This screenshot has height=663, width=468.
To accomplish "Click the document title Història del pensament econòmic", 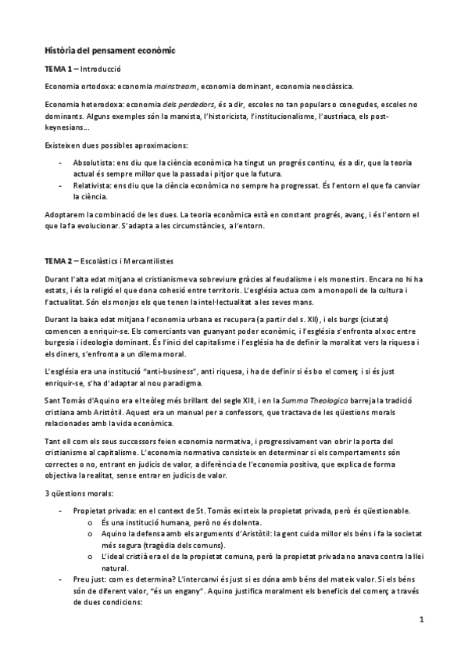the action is point(110,50).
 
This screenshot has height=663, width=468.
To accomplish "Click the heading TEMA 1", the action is point(59,69).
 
